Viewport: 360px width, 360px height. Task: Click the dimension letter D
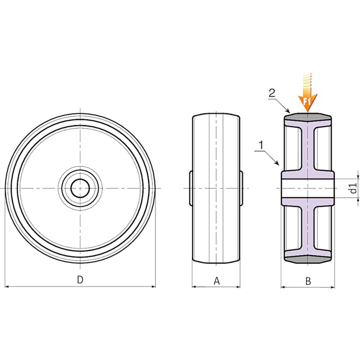coord(80,280)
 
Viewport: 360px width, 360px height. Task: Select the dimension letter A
coord(217,281)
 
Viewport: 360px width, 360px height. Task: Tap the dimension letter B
coord(308,281)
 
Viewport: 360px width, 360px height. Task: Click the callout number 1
coord(261,145)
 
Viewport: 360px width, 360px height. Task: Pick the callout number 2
coord(272,93)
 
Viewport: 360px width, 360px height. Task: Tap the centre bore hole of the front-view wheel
coord(80,188)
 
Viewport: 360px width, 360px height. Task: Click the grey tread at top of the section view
coord(307,117)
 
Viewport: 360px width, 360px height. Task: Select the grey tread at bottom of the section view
coord(307,259)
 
